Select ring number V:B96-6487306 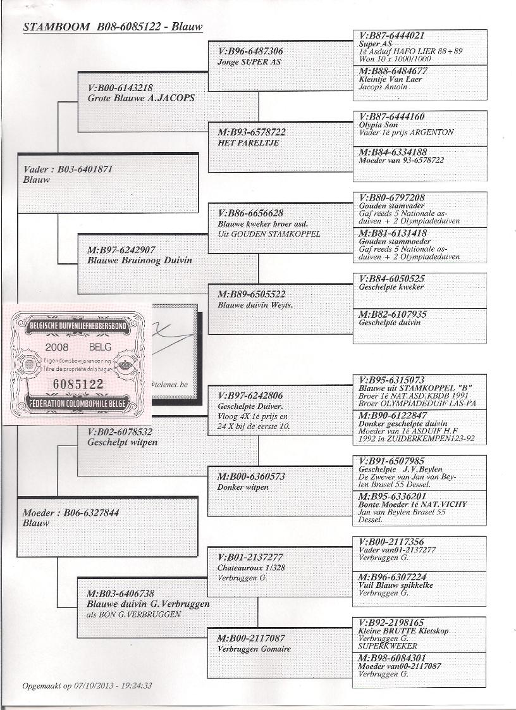coord(250,52)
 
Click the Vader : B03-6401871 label coord(68,170)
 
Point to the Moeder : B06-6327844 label coord(71,513)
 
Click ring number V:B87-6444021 coord(391,36)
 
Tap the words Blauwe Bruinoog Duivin coord(140,260)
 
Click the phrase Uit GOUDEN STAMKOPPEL coord(269,234)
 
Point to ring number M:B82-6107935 coord(392,314)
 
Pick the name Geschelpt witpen coord(123,442)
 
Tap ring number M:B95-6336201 coord(392,497)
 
